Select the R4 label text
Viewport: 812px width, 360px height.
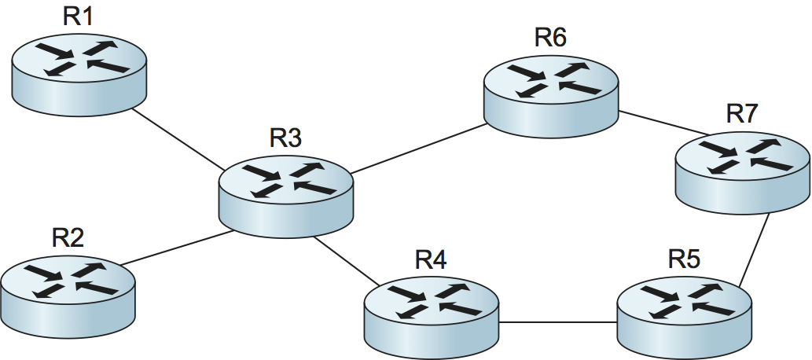(x=431, y=260)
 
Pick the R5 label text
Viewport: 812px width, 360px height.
(x=684, y=259)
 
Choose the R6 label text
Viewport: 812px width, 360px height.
(x=550, y=38)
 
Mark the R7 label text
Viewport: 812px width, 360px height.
(x=742, y=113)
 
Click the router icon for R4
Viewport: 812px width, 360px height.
(x=432, y=314)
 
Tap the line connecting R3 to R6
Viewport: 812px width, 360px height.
(x=417, y=150)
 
